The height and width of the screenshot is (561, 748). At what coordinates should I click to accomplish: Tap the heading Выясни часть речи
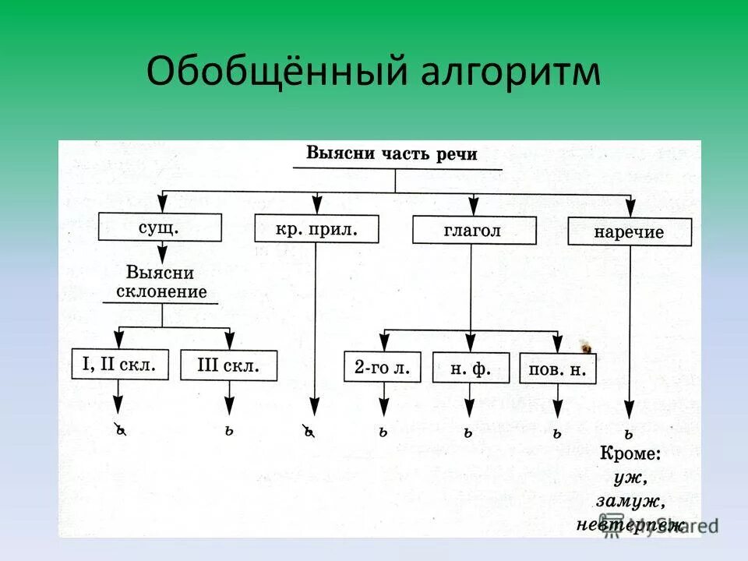391,153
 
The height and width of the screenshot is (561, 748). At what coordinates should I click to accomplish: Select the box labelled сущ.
161,228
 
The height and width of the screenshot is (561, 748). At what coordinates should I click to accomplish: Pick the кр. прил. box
316,228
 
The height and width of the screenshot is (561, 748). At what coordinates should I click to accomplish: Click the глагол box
473,230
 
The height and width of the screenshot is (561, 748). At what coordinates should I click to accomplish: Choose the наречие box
629,232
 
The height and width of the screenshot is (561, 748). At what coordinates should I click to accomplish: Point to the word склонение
161,292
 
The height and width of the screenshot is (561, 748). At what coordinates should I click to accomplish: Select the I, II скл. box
119,363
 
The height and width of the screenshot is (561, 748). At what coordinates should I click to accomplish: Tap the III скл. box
228,365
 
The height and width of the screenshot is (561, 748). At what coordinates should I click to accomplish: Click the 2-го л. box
383,366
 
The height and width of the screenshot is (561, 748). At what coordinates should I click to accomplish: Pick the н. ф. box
471,368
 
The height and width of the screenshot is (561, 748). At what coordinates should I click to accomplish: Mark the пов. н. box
557,369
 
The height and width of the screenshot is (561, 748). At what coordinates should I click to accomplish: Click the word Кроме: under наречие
629,453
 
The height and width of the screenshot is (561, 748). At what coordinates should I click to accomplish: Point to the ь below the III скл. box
229,430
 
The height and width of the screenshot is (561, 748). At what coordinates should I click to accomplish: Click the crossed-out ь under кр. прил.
309,431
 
